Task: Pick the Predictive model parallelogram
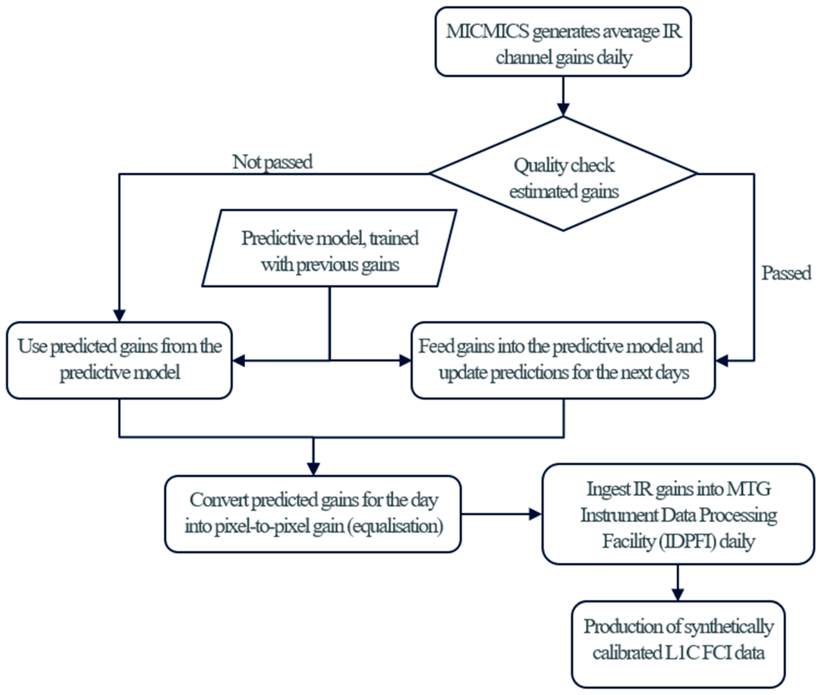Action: (x=329, y=248)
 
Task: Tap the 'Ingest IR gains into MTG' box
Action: (x=678, y=514)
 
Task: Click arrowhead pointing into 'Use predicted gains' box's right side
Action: (x=239, y=361)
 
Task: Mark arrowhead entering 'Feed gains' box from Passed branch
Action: (x=722, y=361)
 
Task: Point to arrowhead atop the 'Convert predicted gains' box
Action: (x=313, y=469)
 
